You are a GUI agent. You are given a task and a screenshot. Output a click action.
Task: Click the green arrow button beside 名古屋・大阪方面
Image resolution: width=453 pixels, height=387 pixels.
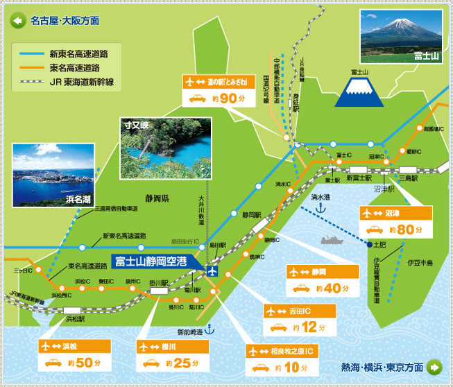(17, 21)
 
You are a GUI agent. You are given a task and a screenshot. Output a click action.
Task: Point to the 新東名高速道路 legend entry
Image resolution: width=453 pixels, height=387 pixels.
(65, 53)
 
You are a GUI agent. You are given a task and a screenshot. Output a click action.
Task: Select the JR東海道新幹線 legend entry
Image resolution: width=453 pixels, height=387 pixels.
(65, 83)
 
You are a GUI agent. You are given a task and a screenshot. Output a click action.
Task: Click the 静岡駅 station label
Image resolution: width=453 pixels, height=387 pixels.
(252, 215)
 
